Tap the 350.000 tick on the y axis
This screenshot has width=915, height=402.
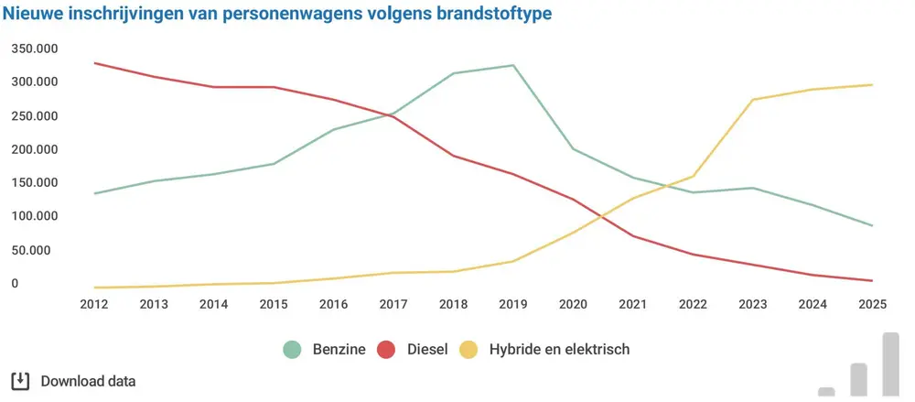coord(35,49)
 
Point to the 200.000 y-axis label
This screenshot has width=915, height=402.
coord(35,149)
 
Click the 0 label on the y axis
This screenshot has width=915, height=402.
coord(16,284)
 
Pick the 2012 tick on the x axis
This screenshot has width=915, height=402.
coord(94,304)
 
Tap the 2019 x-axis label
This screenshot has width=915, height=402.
coord(513,304)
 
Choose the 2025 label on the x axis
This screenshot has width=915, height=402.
coord(872,304)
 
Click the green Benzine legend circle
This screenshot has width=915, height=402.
coord(293,349)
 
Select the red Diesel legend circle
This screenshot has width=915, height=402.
coord(386,349)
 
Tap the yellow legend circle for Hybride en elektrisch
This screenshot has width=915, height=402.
coord(469,349)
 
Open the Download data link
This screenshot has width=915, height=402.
coord(88,381)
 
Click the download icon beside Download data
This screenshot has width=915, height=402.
coord(20,381)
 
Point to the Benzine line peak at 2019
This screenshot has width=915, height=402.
coord(513,65)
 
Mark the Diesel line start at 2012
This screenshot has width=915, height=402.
coord(94,63)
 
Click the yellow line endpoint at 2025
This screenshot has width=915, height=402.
coord(872,85)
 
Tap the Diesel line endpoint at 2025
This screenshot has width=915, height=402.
coord(872,281)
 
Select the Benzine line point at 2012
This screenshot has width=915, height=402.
coord(94,193)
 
